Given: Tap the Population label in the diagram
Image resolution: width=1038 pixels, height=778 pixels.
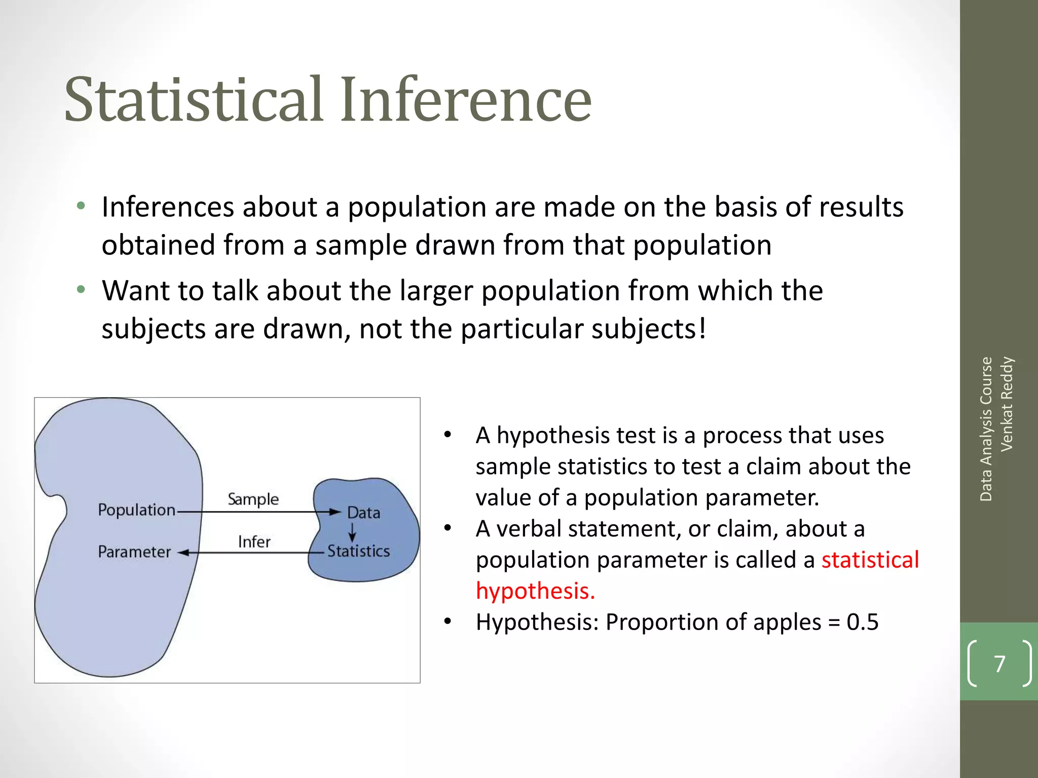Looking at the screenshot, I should pos(136,510).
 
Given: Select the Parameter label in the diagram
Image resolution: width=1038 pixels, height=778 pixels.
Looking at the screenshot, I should pos(134,552).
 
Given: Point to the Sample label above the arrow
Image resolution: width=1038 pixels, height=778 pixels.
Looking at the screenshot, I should pos(253,499).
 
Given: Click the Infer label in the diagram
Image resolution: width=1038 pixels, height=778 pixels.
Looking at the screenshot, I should pos(254,542).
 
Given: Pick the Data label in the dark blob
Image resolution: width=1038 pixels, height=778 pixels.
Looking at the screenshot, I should pos(363,513).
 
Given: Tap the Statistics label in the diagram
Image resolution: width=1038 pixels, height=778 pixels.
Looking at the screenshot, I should pos(358,551).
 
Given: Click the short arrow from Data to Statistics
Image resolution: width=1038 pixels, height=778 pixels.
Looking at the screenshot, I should pos(352,532).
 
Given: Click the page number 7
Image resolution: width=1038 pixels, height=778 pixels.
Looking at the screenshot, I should pos(999,664).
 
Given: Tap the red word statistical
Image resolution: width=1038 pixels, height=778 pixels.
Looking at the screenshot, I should pos(870,560).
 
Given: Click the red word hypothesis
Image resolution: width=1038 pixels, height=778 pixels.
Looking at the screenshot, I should pos(535,591).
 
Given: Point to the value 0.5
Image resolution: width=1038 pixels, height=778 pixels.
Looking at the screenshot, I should pos(862,622).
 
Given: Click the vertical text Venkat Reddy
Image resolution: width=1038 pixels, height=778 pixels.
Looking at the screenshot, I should pos(1007,404).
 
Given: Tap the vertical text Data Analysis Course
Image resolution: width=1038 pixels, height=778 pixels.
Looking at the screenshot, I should pos(986,429).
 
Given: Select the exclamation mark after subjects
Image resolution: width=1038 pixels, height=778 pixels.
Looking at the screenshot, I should pos(702,328).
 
